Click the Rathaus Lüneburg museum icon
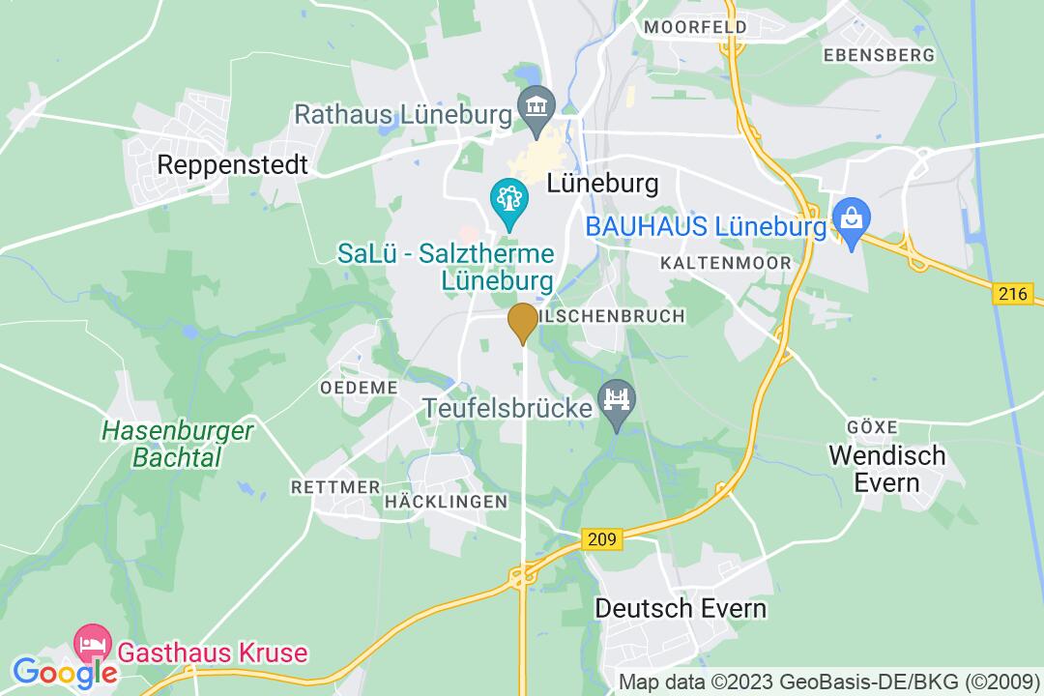point(535,105)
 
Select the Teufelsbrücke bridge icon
point(615,398)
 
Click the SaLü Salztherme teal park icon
point(507,201)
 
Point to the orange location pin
point(522,322)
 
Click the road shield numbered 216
point(1011,295)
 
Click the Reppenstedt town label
point(232,165)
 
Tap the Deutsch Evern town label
point(681,608)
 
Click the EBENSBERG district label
point(880,55)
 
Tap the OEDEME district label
point(359,387)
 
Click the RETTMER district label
point(335,487)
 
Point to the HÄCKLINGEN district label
point(446,501)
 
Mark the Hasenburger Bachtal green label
point(178,442)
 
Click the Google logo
point(63,671)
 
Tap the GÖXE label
point(871,426)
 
